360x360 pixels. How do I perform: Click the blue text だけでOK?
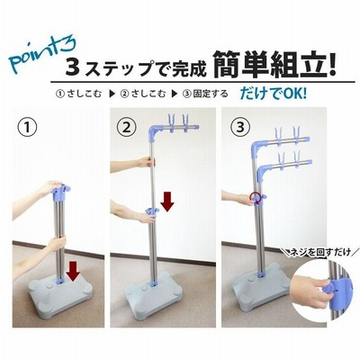tap(273, 94)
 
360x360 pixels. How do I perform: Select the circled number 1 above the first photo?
tap(28, 128)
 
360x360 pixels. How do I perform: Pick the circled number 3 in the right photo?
tap(240, 127)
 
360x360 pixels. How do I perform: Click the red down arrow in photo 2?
tap(166, 202)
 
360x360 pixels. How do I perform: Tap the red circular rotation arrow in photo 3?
tap(255, 199)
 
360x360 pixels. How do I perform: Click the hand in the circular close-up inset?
tap(309, 291)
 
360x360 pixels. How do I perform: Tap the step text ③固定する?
tap(205, 94)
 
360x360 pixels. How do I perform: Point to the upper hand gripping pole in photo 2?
tap(147, 162)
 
